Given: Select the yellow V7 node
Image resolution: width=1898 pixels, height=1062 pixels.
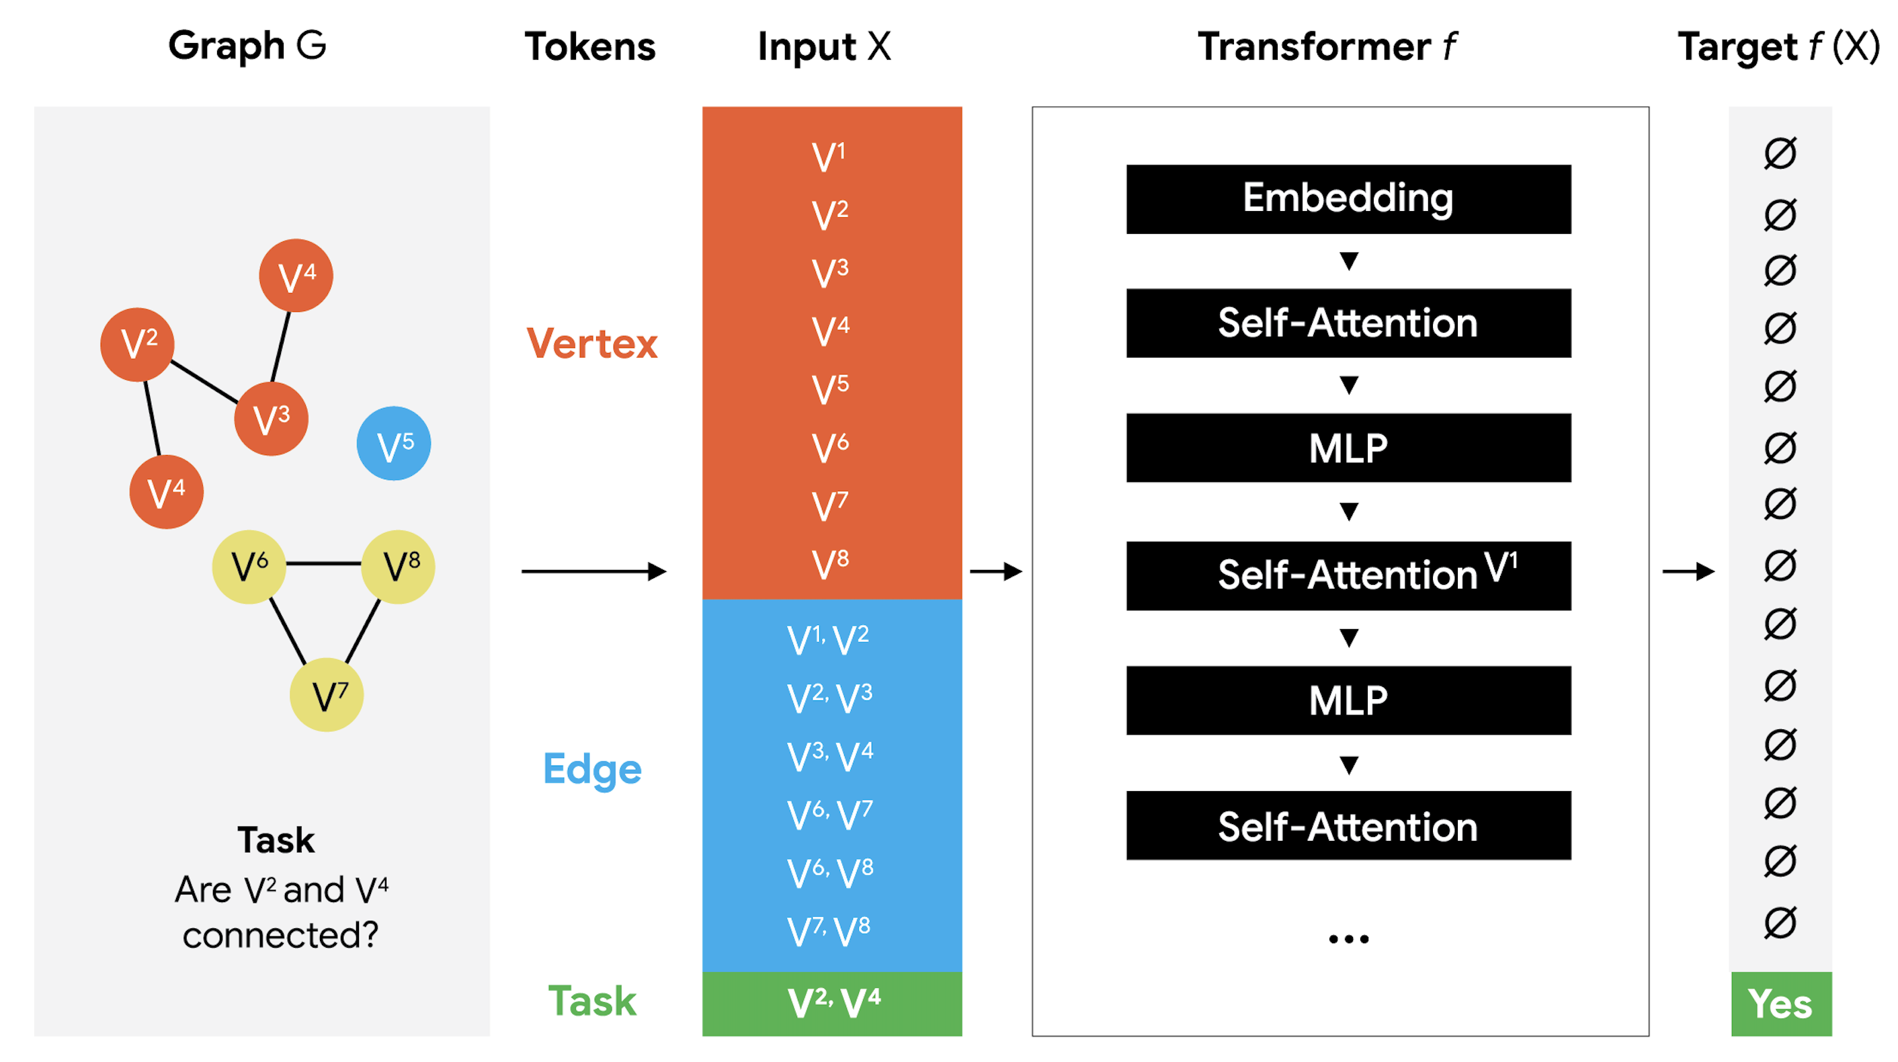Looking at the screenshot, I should pos(327,694).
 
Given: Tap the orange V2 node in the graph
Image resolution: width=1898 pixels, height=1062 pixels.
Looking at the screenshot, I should pos(137,344).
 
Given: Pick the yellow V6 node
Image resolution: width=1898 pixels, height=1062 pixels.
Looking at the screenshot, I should pos(249,567).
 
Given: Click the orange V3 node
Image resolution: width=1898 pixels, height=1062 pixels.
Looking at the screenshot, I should pos(271,419).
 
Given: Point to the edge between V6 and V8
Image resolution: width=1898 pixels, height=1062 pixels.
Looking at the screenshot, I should pos(323,564).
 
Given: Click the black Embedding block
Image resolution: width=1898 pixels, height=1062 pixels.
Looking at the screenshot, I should pos(1348,199).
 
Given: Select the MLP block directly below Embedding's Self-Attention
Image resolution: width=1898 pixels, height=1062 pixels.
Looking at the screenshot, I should pos(1348,448).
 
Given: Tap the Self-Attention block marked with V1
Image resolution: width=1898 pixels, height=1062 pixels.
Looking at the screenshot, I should pos(1348,575).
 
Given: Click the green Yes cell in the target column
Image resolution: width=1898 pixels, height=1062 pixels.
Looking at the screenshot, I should pos(1781,1004).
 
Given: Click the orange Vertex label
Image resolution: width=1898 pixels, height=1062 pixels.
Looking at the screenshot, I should pos(591,343).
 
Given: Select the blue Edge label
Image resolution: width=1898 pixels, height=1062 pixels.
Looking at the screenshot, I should pos(591,770).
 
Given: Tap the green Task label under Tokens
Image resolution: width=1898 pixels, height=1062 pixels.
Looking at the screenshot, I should pos(591,1002).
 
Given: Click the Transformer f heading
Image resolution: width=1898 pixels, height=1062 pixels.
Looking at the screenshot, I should pos(1326,47).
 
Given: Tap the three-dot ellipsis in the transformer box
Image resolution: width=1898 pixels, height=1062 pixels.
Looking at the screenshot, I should pos(1348,939).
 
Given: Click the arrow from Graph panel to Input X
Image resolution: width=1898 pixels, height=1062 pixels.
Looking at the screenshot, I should pos(593,571).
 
